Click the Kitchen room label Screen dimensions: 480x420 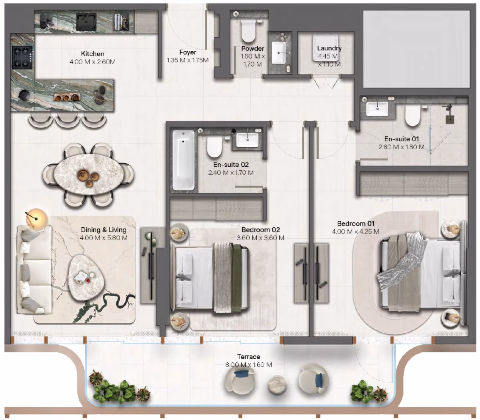[x=92, y=54]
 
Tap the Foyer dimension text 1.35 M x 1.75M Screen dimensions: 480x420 [x=188, y=60]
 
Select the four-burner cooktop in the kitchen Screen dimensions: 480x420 [x=22, y=58]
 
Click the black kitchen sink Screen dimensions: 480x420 [x=86, y=22]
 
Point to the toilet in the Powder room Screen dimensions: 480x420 [x=248, y=30]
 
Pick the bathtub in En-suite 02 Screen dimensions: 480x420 [x=184, y=160]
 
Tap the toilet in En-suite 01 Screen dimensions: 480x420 [x=412, y=116]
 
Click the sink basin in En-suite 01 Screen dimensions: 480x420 [x=377, y=109]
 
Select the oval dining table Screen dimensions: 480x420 [x=89, y=175]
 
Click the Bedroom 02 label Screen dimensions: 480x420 [x=261, y=230]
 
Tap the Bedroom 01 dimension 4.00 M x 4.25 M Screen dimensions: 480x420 [x=356, y=232]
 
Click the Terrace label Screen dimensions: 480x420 [x=249, y=357]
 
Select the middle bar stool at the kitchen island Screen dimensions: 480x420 [x=67, y=120]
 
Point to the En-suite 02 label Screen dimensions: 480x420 [x=231, y=165]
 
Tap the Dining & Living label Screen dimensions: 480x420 [x=104, y=230]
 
